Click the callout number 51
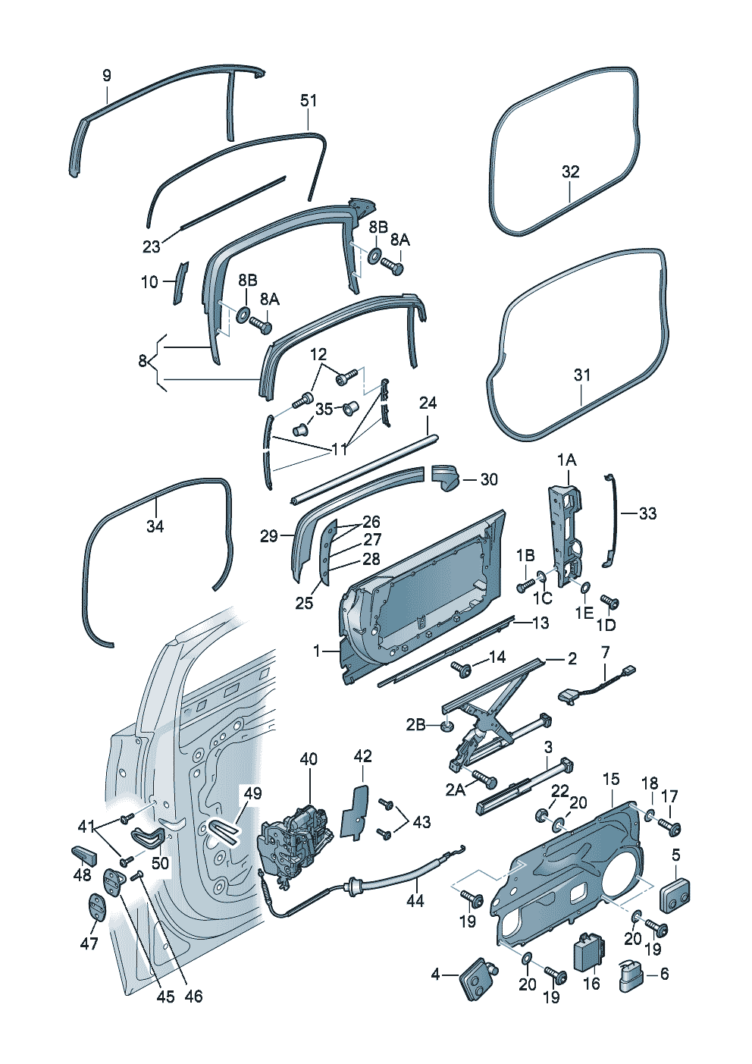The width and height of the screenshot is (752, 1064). [x=308, y=101]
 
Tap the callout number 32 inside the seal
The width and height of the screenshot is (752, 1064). [x=571, y=171]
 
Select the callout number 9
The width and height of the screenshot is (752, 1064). [x=107, y=75]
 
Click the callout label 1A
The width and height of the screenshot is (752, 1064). [x=567, y=460]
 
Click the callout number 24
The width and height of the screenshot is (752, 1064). [x=428, y=403]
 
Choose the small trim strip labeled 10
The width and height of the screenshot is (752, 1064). [x=180, y=283]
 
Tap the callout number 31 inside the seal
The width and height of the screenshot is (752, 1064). [x=582, y=375]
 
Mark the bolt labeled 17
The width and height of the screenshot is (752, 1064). [x=669, y=826]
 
